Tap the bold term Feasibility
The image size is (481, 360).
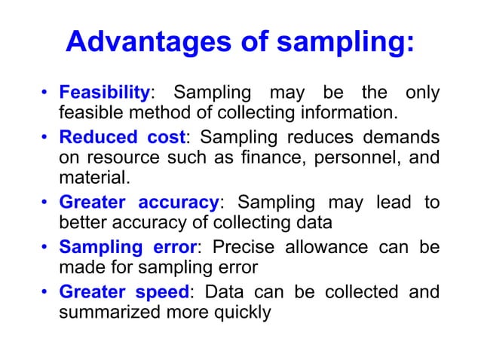click(104, 93)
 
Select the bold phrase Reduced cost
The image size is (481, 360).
click(120, 139)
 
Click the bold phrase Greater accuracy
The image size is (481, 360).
click(139, 203)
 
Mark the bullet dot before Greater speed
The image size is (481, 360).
click(45, 291)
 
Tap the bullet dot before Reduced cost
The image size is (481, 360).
click(45, 139)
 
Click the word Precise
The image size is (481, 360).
click(244, 247)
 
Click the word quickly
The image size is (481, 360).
click(244, 312)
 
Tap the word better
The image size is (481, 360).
click(81, 224)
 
